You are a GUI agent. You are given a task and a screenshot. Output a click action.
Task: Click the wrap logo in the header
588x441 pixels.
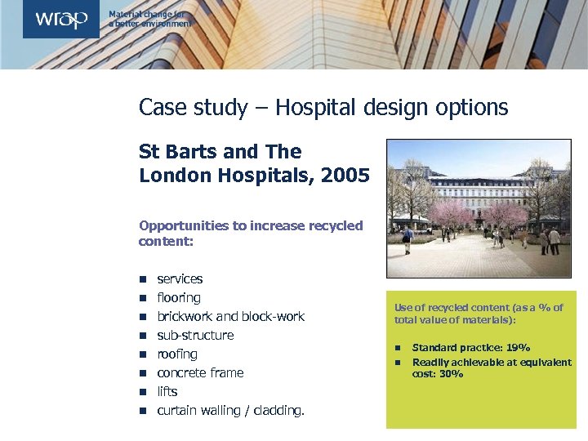pyautogui.click(x=60, y=20)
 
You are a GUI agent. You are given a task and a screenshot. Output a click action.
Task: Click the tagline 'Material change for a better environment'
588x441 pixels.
pyautogui.click(x=150, y=20)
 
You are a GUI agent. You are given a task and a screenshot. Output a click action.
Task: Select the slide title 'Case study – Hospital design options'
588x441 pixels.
pyautogui.click(x=323, y=107)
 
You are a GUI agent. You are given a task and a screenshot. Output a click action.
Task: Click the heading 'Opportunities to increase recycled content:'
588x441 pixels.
pyautogui.click(x=250, y=234)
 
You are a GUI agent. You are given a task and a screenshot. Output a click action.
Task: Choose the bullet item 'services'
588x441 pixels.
pyautogui.click(x=180, y=279)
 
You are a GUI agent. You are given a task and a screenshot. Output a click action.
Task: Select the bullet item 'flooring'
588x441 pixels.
pyautogui.click(x=178, y=298)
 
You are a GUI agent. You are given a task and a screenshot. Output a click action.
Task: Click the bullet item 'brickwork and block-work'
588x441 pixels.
pyautogui.click(x=230, y=317)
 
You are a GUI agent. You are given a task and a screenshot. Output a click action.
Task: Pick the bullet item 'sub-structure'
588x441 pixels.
pyautogui.click(x=195, y=336)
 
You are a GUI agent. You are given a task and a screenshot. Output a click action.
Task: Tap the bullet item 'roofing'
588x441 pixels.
pyautogui.click(x=177, y=354)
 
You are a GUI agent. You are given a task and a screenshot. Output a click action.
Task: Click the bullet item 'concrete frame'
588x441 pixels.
pyautogui.click(x=200, y=373)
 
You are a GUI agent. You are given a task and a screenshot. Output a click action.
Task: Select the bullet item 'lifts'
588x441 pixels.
pyautogui.click(x=167, y=392)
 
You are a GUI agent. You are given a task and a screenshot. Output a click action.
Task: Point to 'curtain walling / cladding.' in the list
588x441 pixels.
pyautogui.click(x=230, y=411)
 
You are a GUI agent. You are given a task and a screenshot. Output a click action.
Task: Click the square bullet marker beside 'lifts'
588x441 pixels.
pyautogui.click(x=141, y=392)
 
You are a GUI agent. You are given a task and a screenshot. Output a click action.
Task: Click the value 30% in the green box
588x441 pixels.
pyautogui.click(x=451, y=374)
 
